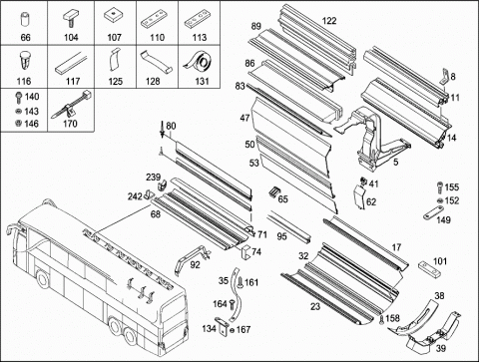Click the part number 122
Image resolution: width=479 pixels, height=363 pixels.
click(329, 21)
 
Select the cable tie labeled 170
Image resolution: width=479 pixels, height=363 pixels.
click(73, 104)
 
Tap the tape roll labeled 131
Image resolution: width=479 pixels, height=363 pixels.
click(200, 63)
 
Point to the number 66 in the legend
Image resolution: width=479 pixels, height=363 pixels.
click(25, 37)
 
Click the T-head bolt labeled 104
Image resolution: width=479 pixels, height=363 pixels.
click(71, 19)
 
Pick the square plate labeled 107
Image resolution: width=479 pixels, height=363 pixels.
click(114, 16)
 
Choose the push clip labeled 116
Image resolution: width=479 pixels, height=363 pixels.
click(25, 61)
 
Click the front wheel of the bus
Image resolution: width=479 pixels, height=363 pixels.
click(43, 279)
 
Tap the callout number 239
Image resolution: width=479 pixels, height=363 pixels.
click(153, 178)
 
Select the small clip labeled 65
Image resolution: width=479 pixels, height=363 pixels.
click(273, 191)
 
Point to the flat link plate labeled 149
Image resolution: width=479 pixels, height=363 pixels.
click(434, 212)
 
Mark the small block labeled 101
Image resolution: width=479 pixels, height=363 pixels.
click(429, 269)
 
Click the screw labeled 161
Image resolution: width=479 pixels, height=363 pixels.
click(240, 283)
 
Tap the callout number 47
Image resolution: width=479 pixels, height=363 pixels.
click(244, 118)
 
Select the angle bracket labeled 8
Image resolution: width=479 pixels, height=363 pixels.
click(444, 77)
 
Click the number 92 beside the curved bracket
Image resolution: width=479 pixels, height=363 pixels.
click(195, 265)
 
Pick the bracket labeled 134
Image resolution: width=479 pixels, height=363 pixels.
click(222, 325)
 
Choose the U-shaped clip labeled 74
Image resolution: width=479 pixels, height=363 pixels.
click(244, 251)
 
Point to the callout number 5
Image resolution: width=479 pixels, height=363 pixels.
click(396, 163)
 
